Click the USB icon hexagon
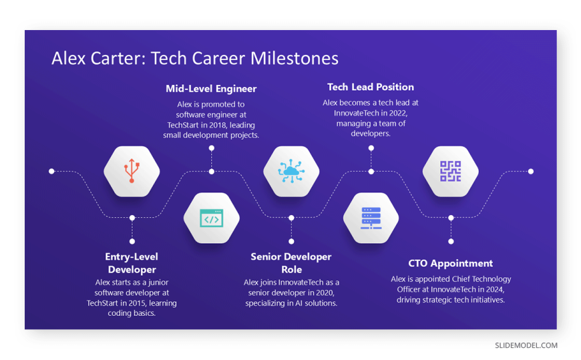(x=132, y=171)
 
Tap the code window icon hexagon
(x=212, y=218)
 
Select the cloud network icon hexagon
(x=291, y=171)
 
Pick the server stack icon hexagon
(x=371, y=218)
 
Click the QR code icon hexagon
(x=451, y=171)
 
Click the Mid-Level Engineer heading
(x=211, y=89)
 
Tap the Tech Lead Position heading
(x=371, y=87)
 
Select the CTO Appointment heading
(x=451, y=263)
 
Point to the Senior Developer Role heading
(x=291, y=263)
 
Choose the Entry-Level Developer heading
(x=132, y=263)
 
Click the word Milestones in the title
(x=295, y=58)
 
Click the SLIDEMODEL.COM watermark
(x=526, y=345)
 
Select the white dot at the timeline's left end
(x=51, y=171)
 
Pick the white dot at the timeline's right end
(x=531, y=171)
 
